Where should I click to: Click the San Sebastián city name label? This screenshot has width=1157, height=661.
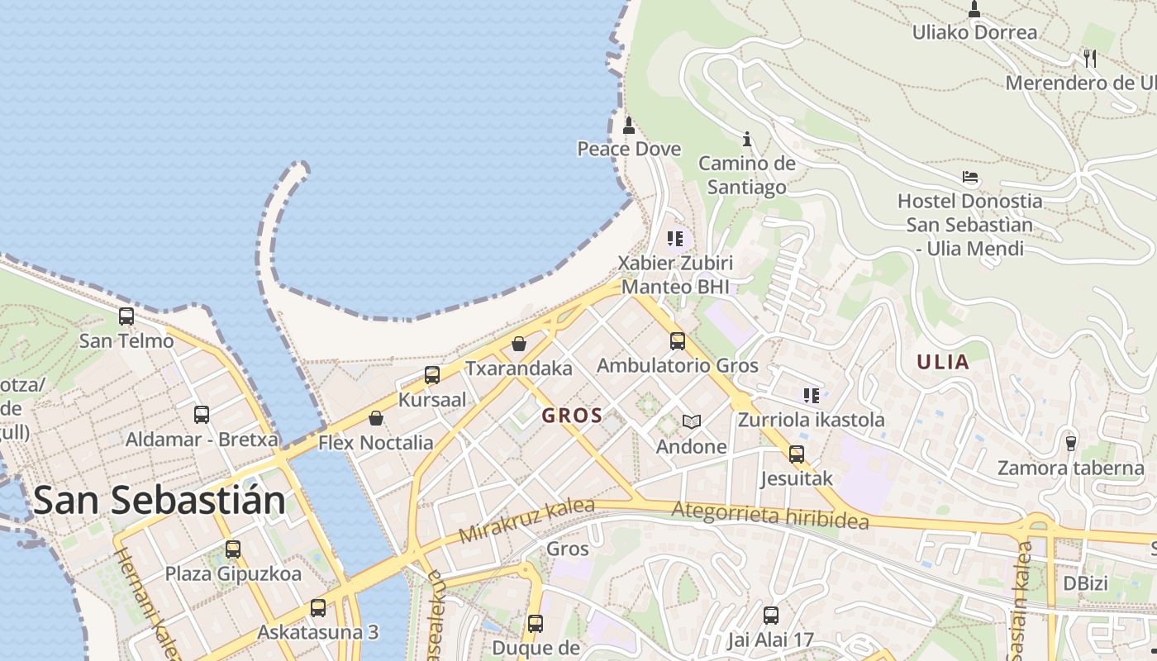(160, 501)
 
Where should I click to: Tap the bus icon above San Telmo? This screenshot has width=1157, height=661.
(126, 316)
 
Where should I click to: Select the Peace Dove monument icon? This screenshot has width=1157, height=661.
(629, 126)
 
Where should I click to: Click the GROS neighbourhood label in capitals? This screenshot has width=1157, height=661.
(572, 416)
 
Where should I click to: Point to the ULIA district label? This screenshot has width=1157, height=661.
(943, 362)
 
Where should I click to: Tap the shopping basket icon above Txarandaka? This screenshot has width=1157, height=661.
(519, 344)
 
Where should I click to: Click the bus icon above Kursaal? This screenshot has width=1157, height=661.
(431, 375)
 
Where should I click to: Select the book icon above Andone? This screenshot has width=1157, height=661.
(691, 422)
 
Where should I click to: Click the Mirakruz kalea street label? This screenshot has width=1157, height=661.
(526, 521)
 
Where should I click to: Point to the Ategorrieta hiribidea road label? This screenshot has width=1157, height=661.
(769, 515)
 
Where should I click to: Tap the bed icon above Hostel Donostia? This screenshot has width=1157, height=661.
(970, 177)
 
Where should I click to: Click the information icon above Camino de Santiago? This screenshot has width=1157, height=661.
(747, 139)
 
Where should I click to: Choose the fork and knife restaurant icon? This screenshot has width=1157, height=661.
(1090, 58)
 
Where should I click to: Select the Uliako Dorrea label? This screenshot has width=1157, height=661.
(974, 33)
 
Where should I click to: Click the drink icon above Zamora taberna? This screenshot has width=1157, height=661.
(1071, 444)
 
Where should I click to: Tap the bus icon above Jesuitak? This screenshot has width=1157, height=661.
(796, 454)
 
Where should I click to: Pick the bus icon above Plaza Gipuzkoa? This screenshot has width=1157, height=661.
(233, 549)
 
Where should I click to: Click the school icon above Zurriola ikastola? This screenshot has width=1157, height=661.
(811, 396)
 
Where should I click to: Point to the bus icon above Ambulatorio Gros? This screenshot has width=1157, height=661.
(678, 340)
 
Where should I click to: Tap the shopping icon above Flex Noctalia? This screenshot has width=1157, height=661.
(375, 418)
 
